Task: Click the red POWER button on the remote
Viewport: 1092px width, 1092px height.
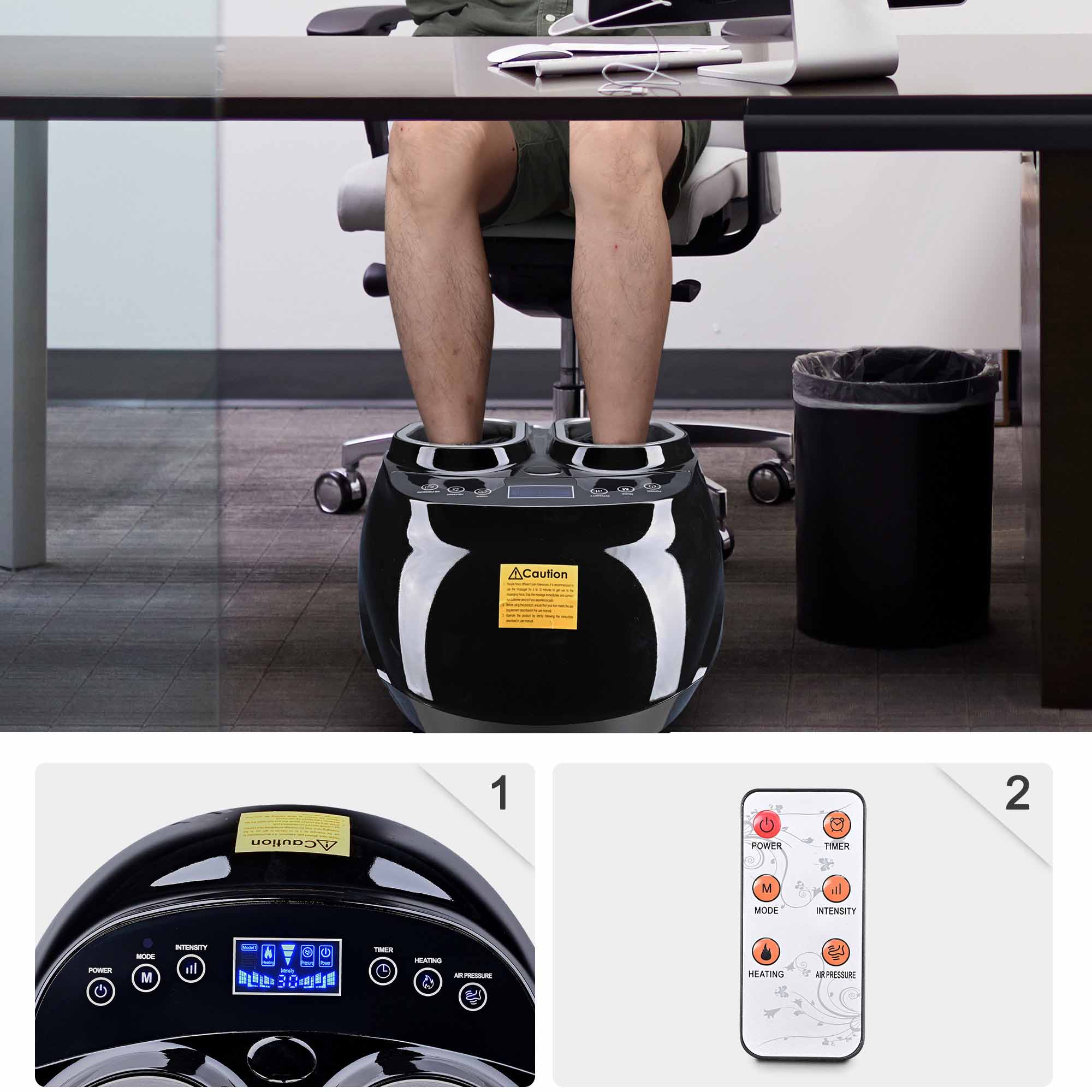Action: pyautogui.click(x=767, y=824)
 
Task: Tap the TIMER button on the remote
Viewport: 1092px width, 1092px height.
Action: pyautogui.click(x=836, y=825)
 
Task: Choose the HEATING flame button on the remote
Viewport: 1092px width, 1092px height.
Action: pyautogui.click(x=766, y=952)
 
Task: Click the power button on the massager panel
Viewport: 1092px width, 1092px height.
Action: pyautogui.click(x=100, y=991)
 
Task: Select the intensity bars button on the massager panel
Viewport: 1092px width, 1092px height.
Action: pyautogui.click(x=191, y=969)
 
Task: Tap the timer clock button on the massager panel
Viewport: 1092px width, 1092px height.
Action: pyautogui.click(x=383, y=971)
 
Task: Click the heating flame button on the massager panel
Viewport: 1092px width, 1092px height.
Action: pyautogui.click(x=428, y=982)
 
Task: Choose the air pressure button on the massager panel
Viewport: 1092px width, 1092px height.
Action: pyautogui.click(x=472, y=996)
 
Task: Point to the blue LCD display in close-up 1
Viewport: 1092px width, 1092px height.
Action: pyautogui.click(x=287, y=967)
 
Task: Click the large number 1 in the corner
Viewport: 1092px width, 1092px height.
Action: pyautogui.click(x=500, y=793)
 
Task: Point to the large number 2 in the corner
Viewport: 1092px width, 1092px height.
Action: pyautogui.click(x=1017, y=793)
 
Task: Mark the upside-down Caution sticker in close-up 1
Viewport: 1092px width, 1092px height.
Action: pyautogui.click(x=292, y=834)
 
